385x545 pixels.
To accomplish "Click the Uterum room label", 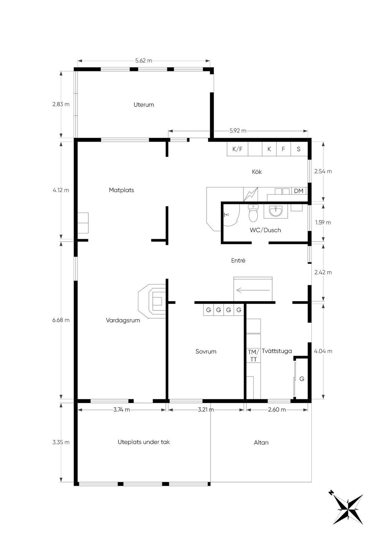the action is pyautogui.click(x=144, y=105).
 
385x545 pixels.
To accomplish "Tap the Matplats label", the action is pyautogui.click(x=121, y=190).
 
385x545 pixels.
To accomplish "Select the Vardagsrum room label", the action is pyautogui.click(x=123, y=320).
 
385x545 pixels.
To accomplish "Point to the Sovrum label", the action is pyautogui.click(x=206, y=351).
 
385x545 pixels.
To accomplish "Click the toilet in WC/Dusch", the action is pyautogui.click(x=253, y=213).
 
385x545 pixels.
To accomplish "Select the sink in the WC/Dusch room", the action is pyautogui.click(x=276, y=211).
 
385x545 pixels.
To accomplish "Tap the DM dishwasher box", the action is pyautogui.click(x=299, y=191).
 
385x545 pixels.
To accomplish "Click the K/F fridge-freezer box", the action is pyautogui.click(x=237, y=149).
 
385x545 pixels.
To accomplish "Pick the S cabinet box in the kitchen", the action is pyautogui.click(x=299, y=149).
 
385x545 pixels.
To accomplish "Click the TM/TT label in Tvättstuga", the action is pyautogui.click(x=253, y=355).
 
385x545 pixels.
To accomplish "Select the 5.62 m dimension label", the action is pyautogui.click(x=144, y=61).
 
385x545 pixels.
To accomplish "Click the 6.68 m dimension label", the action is pyautogui.click(x=61, y=320).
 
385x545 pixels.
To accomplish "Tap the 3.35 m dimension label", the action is pyautogui.click(x=61, y=442).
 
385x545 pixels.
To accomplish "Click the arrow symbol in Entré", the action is pyautogui.click(x=253, y=290).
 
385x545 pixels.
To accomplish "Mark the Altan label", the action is pyautogui.click(x=261, y=442).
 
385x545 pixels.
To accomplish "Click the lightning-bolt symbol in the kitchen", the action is pyautogui.click(x=251, y=194).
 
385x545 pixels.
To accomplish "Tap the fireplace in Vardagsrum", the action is pyautogui.click(x=152, y=301).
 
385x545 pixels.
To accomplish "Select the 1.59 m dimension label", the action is pyautogui.click(x=323, y=222).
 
